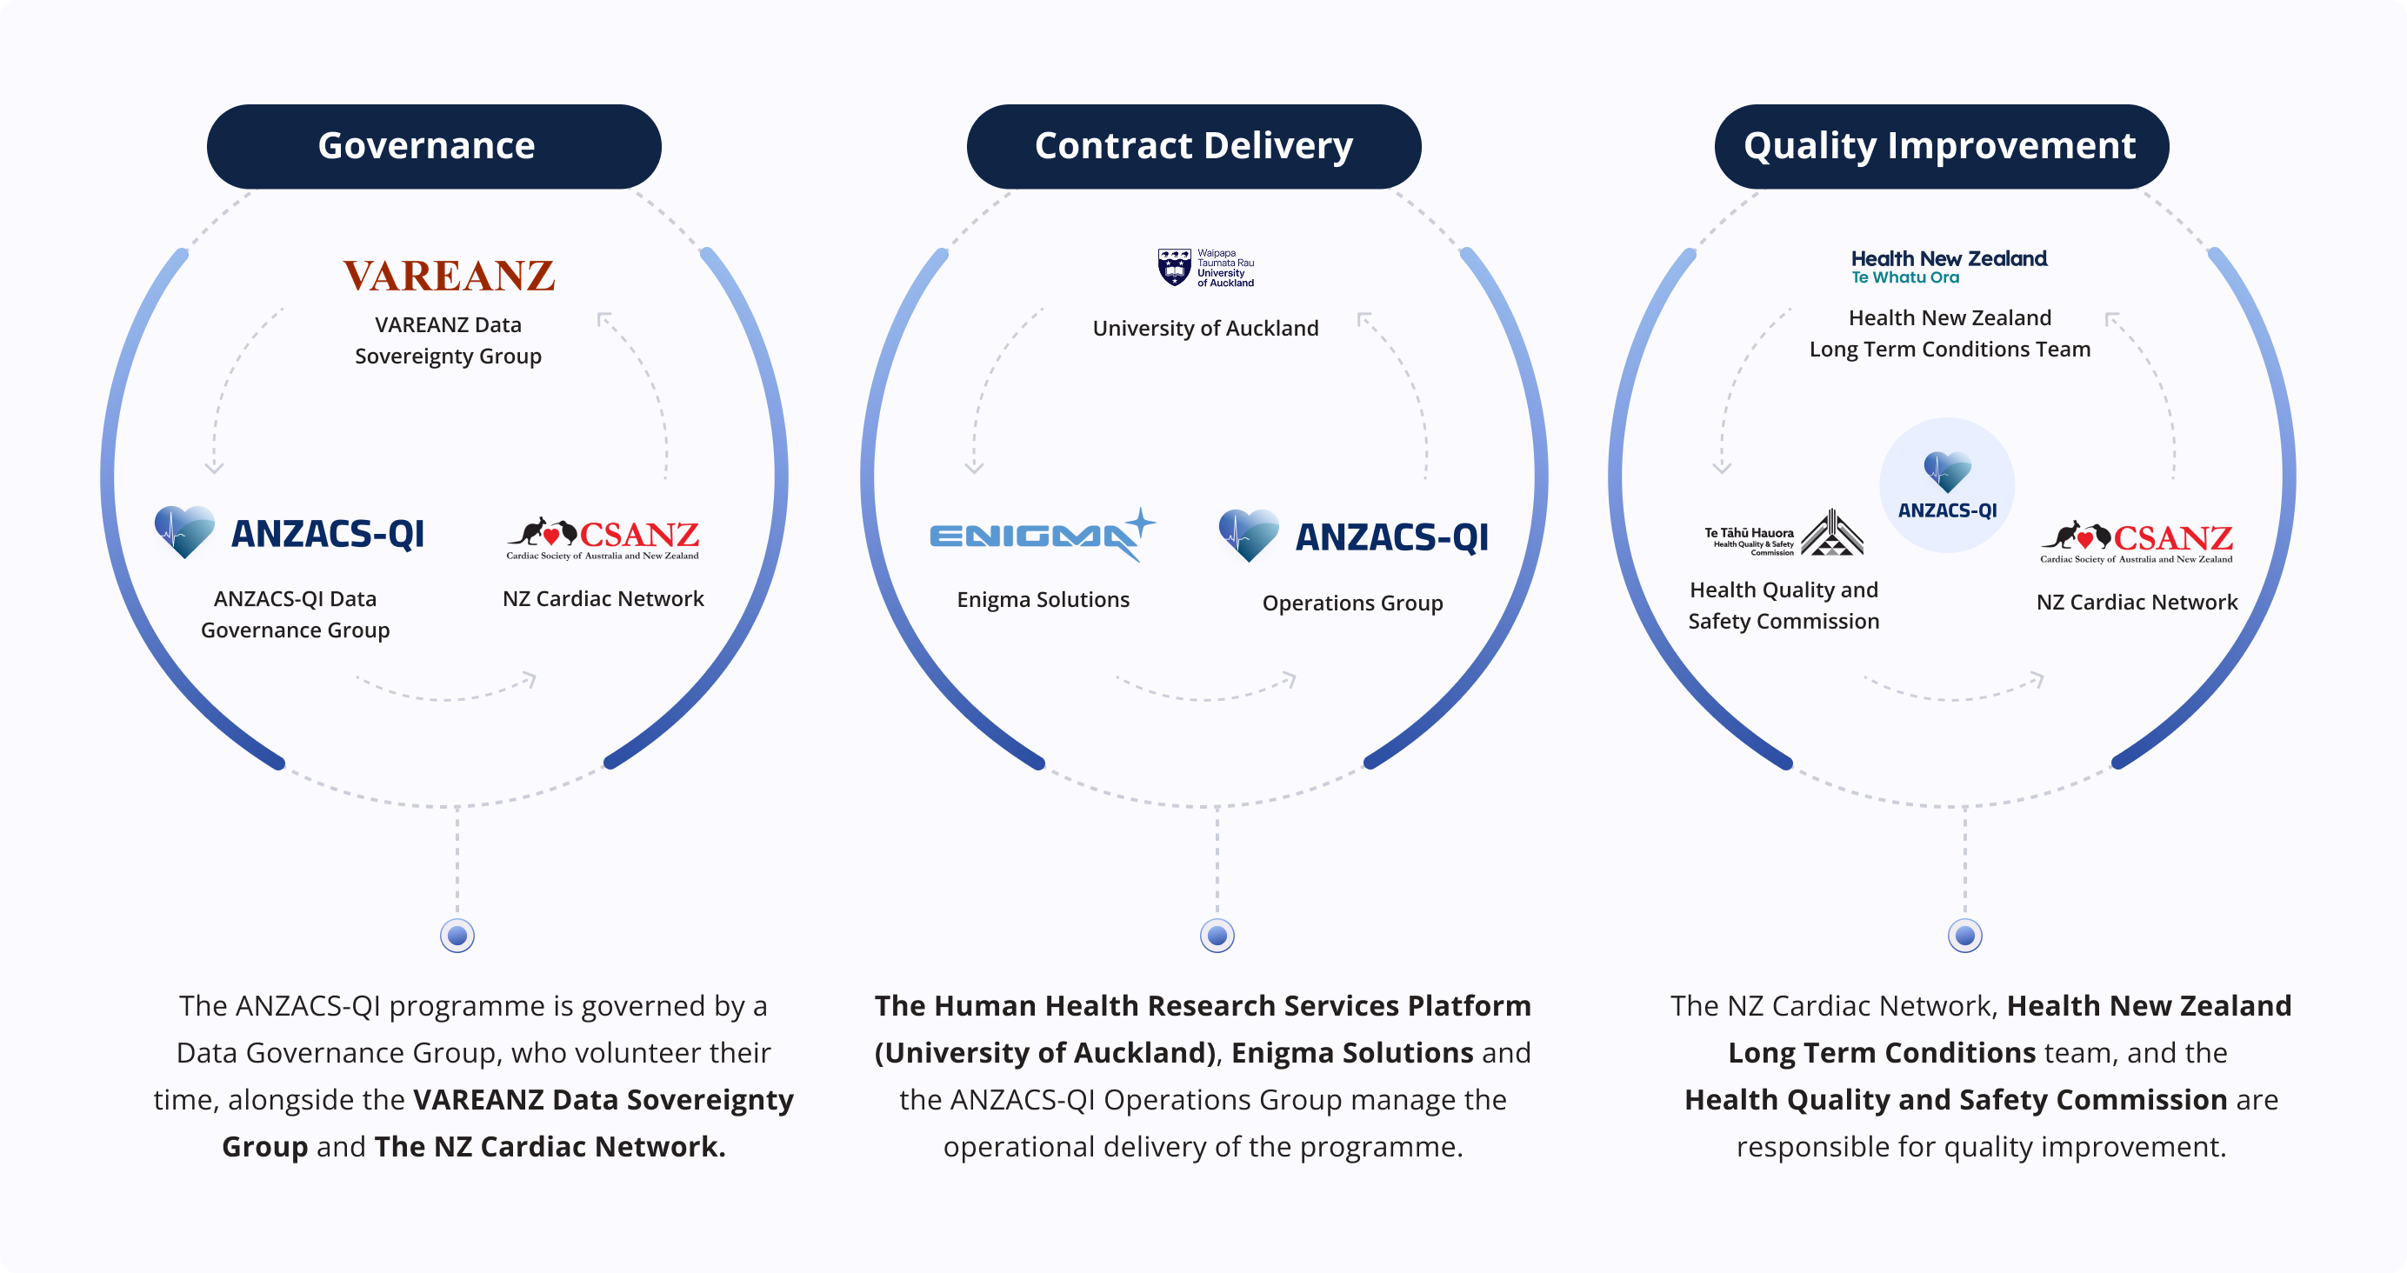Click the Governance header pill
point(434,147)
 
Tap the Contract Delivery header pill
point(1193,147)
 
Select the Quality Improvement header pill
point(1941,147)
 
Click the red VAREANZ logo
point(449,276)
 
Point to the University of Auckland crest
point(1175,267)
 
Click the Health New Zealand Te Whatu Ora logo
point(1948,266)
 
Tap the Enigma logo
point(1042,535)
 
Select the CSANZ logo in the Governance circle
point(603,537)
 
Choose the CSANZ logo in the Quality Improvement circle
point(2136,541)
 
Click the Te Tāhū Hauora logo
point(1783,535)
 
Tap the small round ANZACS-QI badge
point(1946,484)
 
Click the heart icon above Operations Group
point(1249,535)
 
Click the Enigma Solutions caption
point(1043,600)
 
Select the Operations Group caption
point(1352,603)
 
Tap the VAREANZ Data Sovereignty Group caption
point(449,340)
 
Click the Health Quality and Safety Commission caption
point(1783,606)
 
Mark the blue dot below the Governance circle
point(457,935)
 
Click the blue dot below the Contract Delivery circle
point(1217,935)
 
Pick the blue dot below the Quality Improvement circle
point(1964,935)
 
